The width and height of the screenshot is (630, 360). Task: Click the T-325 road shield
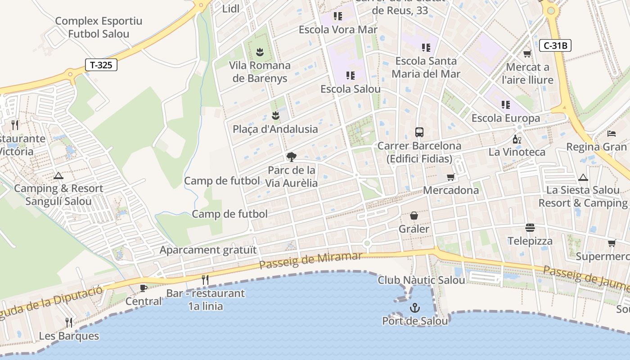click(101, 65)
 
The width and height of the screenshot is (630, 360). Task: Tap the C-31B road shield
click(555, 45)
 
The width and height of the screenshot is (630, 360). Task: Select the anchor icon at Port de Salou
click(414, 308)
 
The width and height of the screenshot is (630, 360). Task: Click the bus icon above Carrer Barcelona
click(419, 132)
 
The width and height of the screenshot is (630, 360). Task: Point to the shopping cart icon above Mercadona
click(450, 177)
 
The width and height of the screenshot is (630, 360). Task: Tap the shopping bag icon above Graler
click(414, 216)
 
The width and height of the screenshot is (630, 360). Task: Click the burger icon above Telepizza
click(530, 228)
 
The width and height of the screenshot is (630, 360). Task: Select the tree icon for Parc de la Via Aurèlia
click(292, 157)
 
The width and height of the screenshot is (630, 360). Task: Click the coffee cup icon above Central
click(144, 288)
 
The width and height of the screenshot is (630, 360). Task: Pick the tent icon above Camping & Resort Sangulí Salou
click(58, 175)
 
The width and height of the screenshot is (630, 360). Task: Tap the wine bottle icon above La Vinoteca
click(517, 139)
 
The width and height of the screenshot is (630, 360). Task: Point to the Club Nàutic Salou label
click(421, 280)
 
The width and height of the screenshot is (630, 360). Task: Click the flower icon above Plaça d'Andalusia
click(276, 116)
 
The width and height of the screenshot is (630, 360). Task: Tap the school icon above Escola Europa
click(505, 105)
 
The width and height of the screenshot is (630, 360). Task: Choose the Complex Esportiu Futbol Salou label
click(99, 27)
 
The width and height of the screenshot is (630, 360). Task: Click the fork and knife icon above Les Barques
click(69, 322)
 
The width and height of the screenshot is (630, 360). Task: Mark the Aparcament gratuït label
click(208, 250)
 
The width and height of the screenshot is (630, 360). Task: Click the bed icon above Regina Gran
click(611, 134)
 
